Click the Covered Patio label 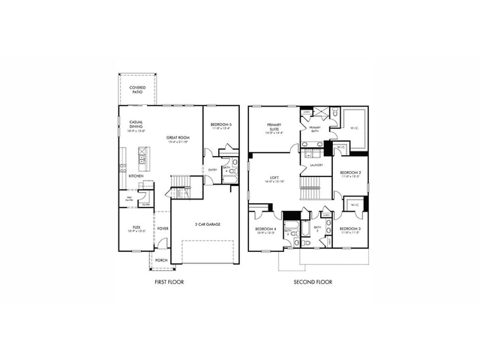pyautogui.click(x=138, y=91)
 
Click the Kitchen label pyautogui.click(x=136, y=176)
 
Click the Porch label pyautogui.click(x=161, y=261)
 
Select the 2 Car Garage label pyautogui.click(x=208, y=224)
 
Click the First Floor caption pyautogui.click(x=169, y=282)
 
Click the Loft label pyautogui.click(x=274, y=178)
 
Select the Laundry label pyautogui.click(x=316, y=165)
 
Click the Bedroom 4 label pyautogui.click(x=266, y=229)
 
